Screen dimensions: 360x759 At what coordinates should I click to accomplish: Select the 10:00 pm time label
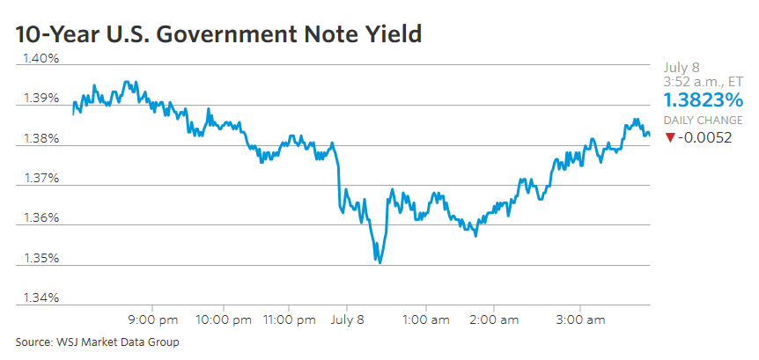pyautogui.click(x=225, y=320)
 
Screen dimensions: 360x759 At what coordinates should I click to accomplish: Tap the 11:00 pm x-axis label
pyautogui.click(x=290, y=320)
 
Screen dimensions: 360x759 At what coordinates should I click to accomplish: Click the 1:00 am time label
pyautogui.click(x=427, y=320)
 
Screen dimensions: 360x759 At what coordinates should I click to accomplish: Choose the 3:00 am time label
pyautogui.click(x=583, y=320)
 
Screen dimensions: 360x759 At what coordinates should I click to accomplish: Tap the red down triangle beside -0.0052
pyautogui.click(x=670, y=137)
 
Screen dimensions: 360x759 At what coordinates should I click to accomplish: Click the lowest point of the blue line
pyautogui.click(x=379, y=262)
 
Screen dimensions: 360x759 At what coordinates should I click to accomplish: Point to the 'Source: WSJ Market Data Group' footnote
pyautogui.click(x=97, y=342)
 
